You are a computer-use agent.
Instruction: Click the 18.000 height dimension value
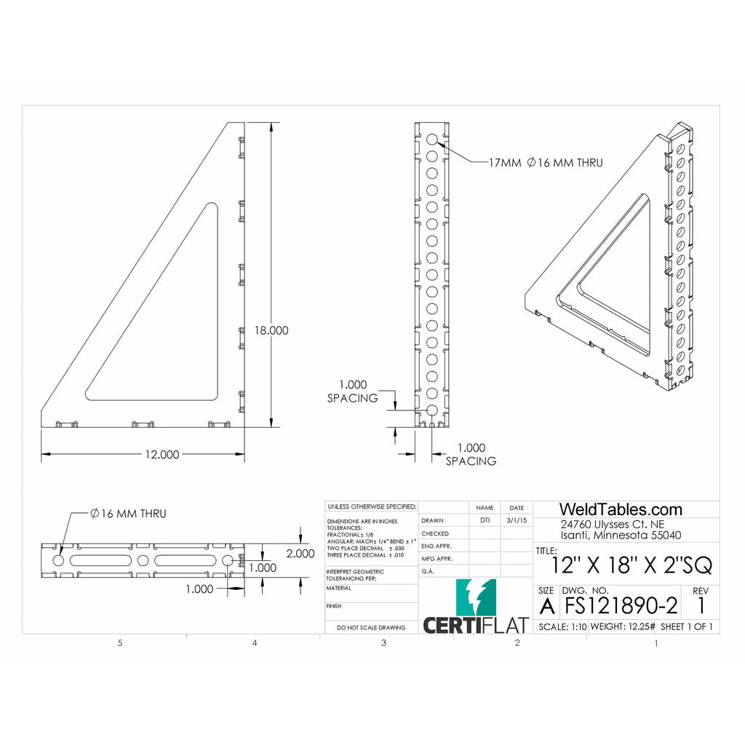(x=271, y=330)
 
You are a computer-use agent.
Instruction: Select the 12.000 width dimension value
(x=161, y=455)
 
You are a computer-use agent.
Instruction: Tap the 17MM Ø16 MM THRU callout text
(x=545, y=163)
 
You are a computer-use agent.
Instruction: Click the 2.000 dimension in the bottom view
(x=300, y=553)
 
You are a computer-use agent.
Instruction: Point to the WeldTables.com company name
(x=620, y=509)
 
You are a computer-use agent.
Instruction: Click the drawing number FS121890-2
(x=621, y=605)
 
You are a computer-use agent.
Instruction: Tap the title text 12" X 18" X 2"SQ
(x=632, y=565)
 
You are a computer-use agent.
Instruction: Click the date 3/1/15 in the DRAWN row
(x=516, y=521)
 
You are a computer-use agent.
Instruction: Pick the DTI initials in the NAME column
(x=485, y=521)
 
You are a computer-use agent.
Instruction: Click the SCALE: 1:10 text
(x=561, y=626)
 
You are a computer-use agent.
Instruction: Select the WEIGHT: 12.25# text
(x=622, y=626)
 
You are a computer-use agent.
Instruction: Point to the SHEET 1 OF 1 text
(x=686, y=626)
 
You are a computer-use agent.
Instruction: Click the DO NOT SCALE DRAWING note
(x=371, y=627)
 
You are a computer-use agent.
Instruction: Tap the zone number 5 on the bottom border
(x=120, y=643)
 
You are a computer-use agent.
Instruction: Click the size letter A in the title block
(x=546, y=605)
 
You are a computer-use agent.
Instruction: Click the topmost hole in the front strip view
(x=432, y=139)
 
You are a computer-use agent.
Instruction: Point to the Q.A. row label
(x=429, y=572)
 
